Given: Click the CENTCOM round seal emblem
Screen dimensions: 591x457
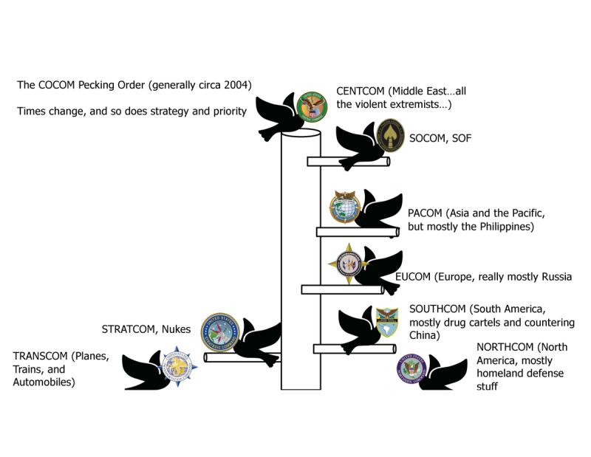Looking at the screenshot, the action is tap(311, 107).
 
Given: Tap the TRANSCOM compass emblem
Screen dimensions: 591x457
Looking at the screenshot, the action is tap(177, 364).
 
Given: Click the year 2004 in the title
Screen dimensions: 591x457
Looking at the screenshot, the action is tap(237, 85).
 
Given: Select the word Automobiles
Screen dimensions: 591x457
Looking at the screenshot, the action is tap(44, 382).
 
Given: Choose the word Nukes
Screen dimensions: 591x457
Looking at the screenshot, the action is tap(177, 329).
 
